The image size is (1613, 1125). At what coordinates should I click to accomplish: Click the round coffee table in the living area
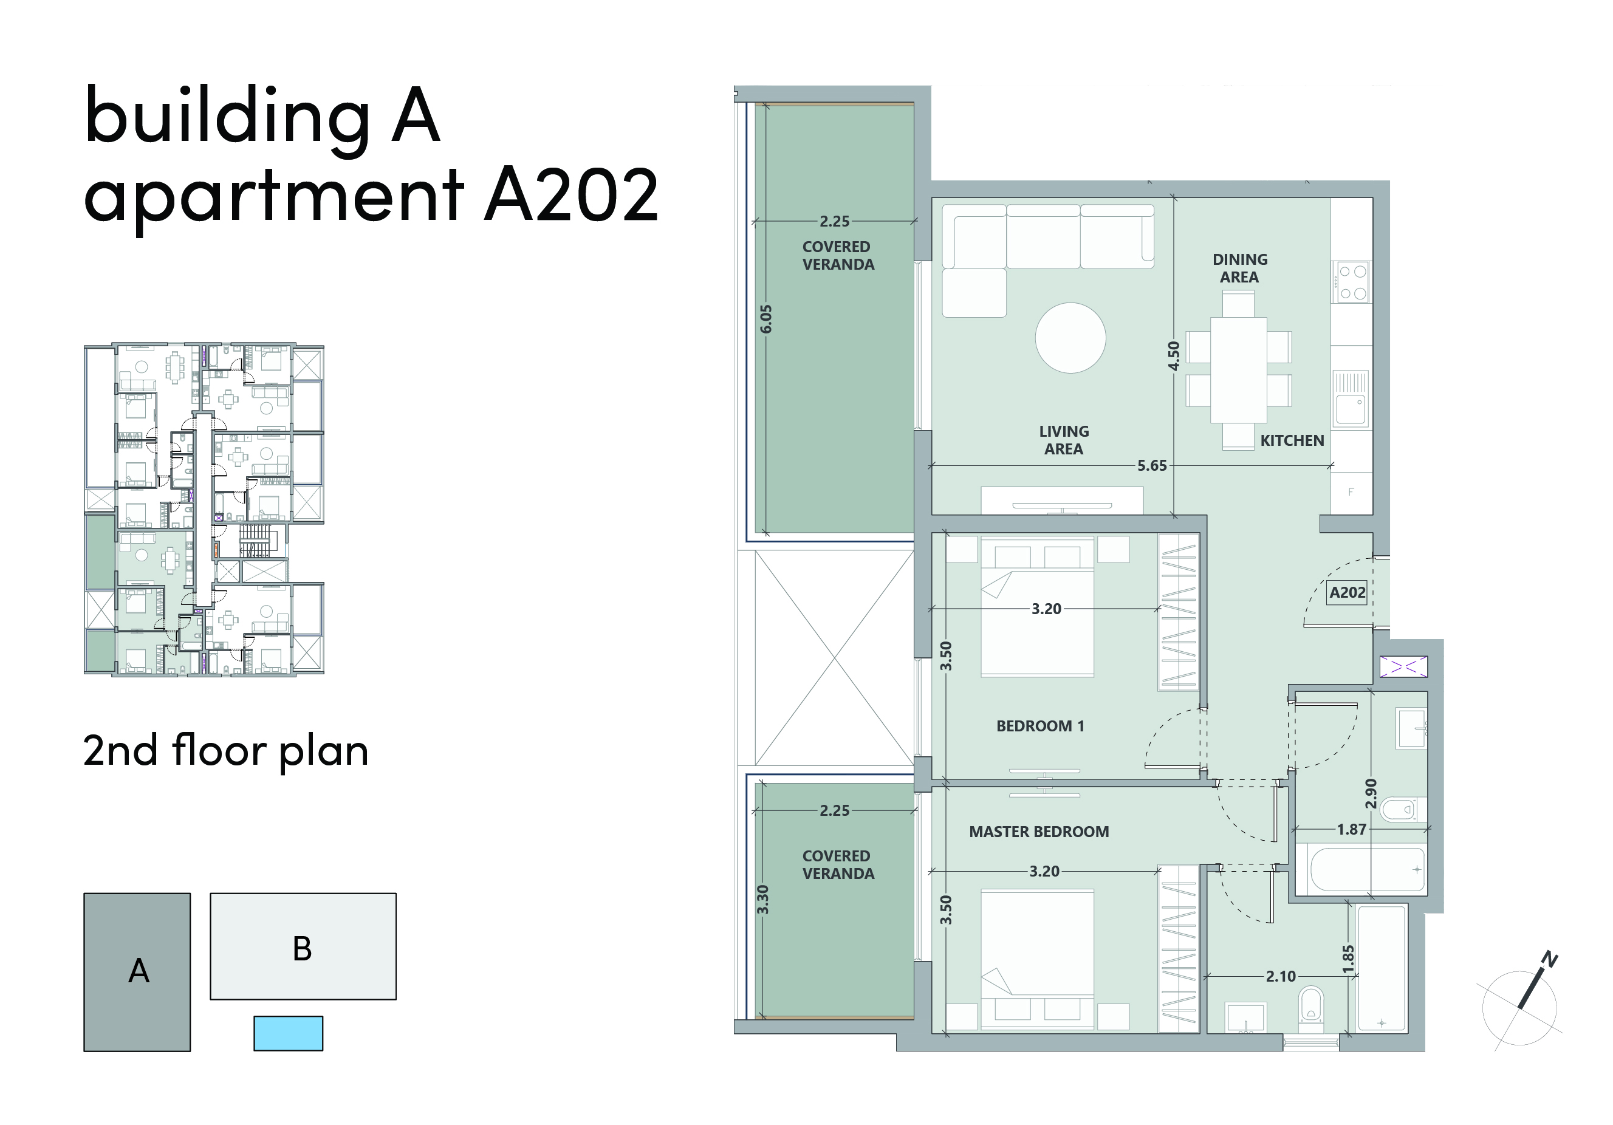click(1070, 338)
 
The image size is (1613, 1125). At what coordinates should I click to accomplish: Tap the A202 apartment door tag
click(1347, 592)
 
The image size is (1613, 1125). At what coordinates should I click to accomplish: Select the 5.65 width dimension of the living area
click(1151, 465)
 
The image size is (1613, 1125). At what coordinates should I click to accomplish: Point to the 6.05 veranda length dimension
click(765, 319)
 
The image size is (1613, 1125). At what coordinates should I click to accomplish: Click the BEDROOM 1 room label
click(1039, 726)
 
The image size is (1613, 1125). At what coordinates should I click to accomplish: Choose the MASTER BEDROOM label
click(1039, 832)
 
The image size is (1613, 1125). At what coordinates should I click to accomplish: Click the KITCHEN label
click(1292, 440)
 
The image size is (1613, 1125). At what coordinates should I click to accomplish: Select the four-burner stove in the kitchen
click(1351, 282)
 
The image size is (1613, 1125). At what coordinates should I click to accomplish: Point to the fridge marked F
click(1351, 491)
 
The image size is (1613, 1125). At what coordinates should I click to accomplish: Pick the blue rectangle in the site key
click(288, 1033)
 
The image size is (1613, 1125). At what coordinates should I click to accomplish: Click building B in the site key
click(303, 946)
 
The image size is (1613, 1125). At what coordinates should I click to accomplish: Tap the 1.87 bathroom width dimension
click(1351, 829)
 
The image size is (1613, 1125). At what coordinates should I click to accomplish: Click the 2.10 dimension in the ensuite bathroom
click(1281, 976)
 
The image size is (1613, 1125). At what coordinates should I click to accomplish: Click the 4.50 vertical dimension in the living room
click(1173, 356)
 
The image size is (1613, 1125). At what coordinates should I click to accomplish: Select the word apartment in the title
click(273, 197)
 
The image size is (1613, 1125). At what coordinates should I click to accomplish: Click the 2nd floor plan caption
click(225, 751)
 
